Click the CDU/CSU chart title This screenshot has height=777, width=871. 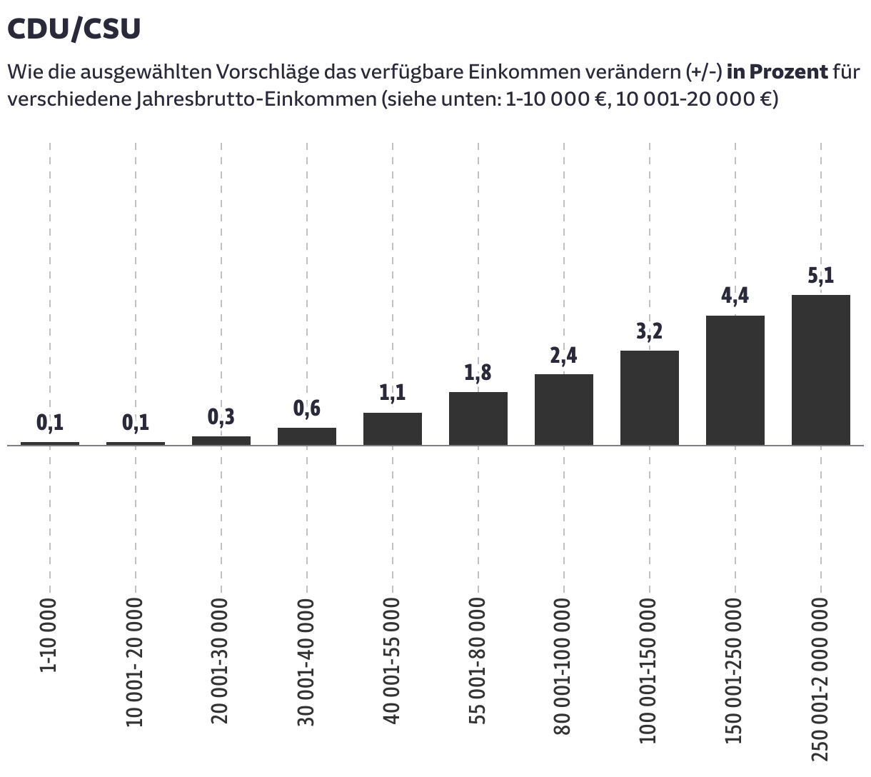coord(74,29)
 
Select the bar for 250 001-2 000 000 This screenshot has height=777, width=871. coord(820,370)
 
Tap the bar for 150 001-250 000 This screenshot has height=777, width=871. coord(735,380)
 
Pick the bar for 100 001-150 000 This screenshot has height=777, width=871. coord(649,398)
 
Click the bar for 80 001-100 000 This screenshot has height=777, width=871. coord(563,410)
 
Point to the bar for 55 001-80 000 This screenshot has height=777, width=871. coord(478,418)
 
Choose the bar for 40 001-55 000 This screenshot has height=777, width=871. coord(392,428)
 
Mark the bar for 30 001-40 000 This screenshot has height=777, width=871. coord(306,436)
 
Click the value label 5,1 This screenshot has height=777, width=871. coord(820,276)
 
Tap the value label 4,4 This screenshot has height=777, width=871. coord(735,296)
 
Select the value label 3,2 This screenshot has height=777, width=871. coord(649,331)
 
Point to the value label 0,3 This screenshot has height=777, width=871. coord(221,417)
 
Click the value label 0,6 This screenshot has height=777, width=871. coord(306,408)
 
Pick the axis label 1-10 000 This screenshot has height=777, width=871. coord(49,634)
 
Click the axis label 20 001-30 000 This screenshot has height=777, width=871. coord(221,661)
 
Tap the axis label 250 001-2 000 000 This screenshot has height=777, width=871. coord(820,679)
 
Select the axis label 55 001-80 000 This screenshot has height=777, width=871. coord(478,661)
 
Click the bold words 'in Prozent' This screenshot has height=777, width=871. coord(777,72)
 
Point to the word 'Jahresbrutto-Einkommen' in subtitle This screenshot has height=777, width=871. coord(255,99)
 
